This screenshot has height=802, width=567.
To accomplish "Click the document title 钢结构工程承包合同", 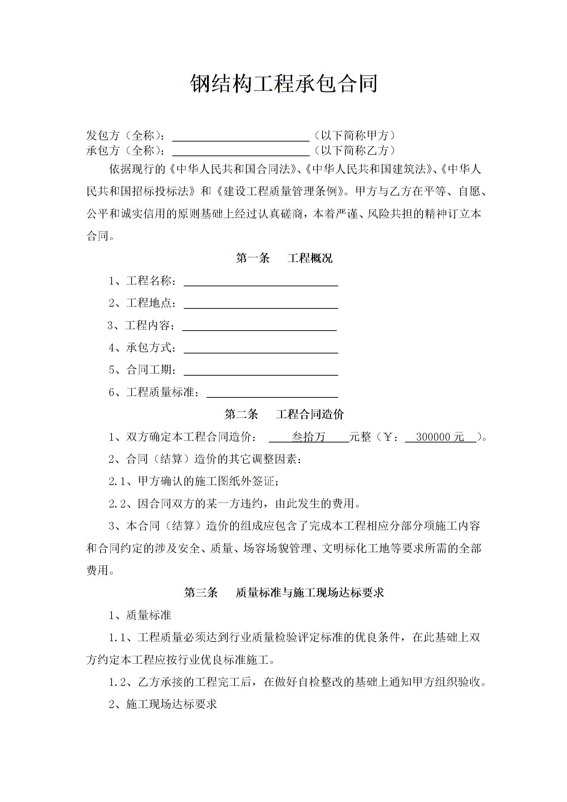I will pos(283,84).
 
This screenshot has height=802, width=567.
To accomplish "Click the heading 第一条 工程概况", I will pos(284,258).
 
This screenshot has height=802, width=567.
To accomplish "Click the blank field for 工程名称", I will pos(261,282).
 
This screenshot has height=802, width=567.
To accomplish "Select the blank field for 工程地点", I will pos(261,304).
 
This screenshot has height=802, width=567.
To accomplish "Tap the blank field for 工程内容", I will pos(259,327).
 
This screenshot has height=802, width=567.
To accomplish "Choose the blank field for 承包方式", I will pos(261,349).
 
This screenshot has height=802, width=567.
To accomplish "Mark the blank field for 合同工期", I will pos(261,371).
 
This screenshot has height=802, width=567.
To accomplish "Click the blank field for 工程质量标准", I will pos(272,393).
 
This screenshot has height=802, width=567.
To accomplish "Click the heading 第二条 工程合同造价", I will pos(284,415).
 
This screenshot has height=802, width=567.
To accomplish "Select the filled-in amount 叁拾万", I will pos(309,437).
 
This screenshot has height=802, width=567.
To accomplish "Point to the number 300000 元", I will pos(440,437).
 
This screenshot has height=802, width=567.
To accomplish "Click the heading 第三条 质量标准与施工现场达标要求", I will pos(284,593).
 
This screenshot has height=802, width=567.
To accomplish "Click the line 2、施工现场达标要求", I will pos(163,704).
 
